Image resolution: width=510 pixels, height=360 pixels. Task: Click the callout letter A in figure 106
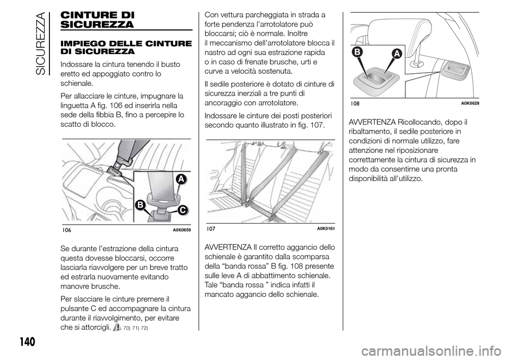pos(181,179)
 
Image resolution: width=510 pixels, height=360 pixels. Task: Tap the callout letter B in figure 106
pos(140,205)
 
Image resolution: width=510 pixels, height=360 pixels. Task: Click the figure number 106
pos(66,230)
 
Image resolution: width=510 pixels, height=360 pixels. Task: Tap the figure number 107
pos(211,229)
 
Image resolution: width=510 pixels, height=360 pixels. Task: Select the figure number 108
pos(355,104)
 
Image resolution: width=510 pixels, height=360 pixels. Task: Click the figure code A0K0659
pos(182,230)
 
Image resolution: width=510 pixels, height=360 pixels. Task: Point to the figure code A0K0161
pos(326,229)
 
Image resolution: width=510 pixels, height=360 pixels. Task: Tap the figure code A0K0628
pos(470,104)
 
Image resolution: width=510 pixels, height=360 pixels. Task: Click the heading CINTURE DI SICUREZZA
pos(97,20)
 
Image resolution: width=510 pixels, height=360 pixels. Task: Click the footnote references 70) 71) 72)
pos(136,328)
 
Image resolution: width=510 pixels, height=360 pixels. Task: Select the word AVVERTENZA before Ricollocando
pos(372,122)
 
